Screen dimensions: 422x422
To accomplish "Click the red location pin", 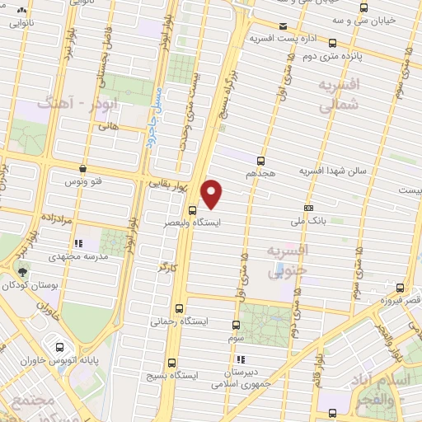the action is click(x=213, y=193).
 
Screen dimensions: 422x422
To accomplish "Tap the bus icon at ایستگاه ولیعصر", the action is click(x=191, y=209).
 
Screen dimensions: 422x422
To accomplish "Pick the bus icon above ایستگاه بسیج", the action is click(x=171, y=362).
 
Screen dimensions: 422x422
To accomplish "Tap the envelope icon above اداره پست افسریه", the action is click(x=284, y=26).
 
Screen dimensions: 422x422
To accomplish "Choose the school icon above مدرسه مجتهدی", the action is click(x=79, y=244).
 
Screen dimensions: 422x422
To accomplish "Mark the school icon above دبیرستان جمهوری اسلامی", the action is click(x=240, y=360).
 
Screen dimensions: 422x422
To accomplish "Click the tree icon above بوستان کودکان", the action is click(x=22, y=272).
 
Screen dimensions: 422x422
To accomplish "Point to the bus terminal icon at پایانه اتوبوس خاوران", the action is click(x=59, y=347).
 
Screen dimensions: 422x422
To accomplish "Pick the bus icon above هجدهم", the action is click(x=261, y=161).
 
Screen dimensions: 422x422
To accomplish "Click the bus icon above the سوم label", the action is click(x=237, y=325).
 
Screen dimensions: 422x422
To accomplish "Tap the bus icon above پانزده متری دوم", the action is click(x=331, y=43).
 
